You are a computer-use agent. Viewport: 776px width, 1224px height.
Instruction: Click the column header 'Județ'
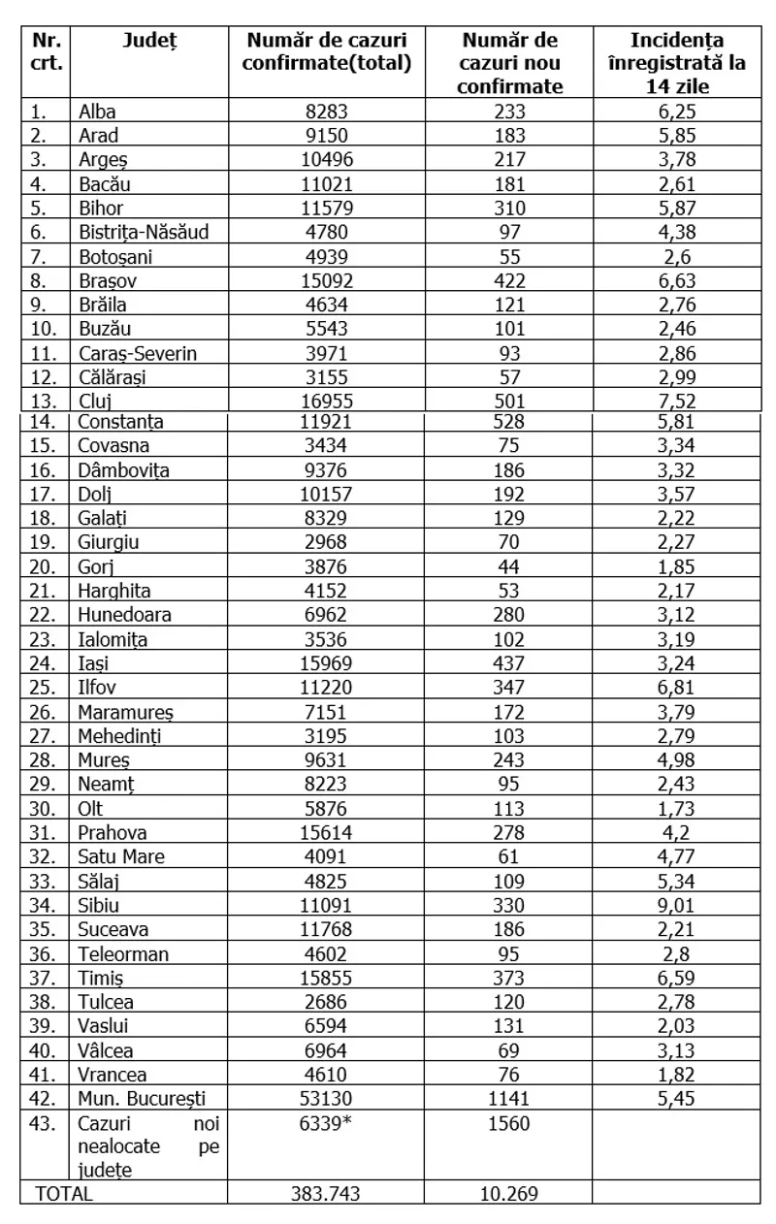[149, 40]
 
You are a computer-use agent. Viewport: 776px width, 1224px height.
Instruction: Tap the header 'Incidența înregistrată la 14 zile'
[677, 63]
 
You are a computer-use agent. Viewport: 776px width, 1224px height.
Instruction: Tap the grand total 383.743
[327, 1193]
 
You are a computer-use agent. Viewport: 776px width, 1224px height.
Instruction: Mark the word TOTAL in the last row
[64, 1193]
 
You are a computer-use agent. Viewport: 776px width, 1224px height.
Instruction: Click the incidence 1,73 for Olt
[677, 809]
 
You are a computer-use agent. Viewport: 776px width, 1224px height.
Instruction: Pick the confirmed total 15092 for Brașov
[327, 280]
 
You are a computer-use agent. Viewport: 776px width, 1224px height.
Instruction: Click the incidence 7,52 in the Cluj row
[677, 402]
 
